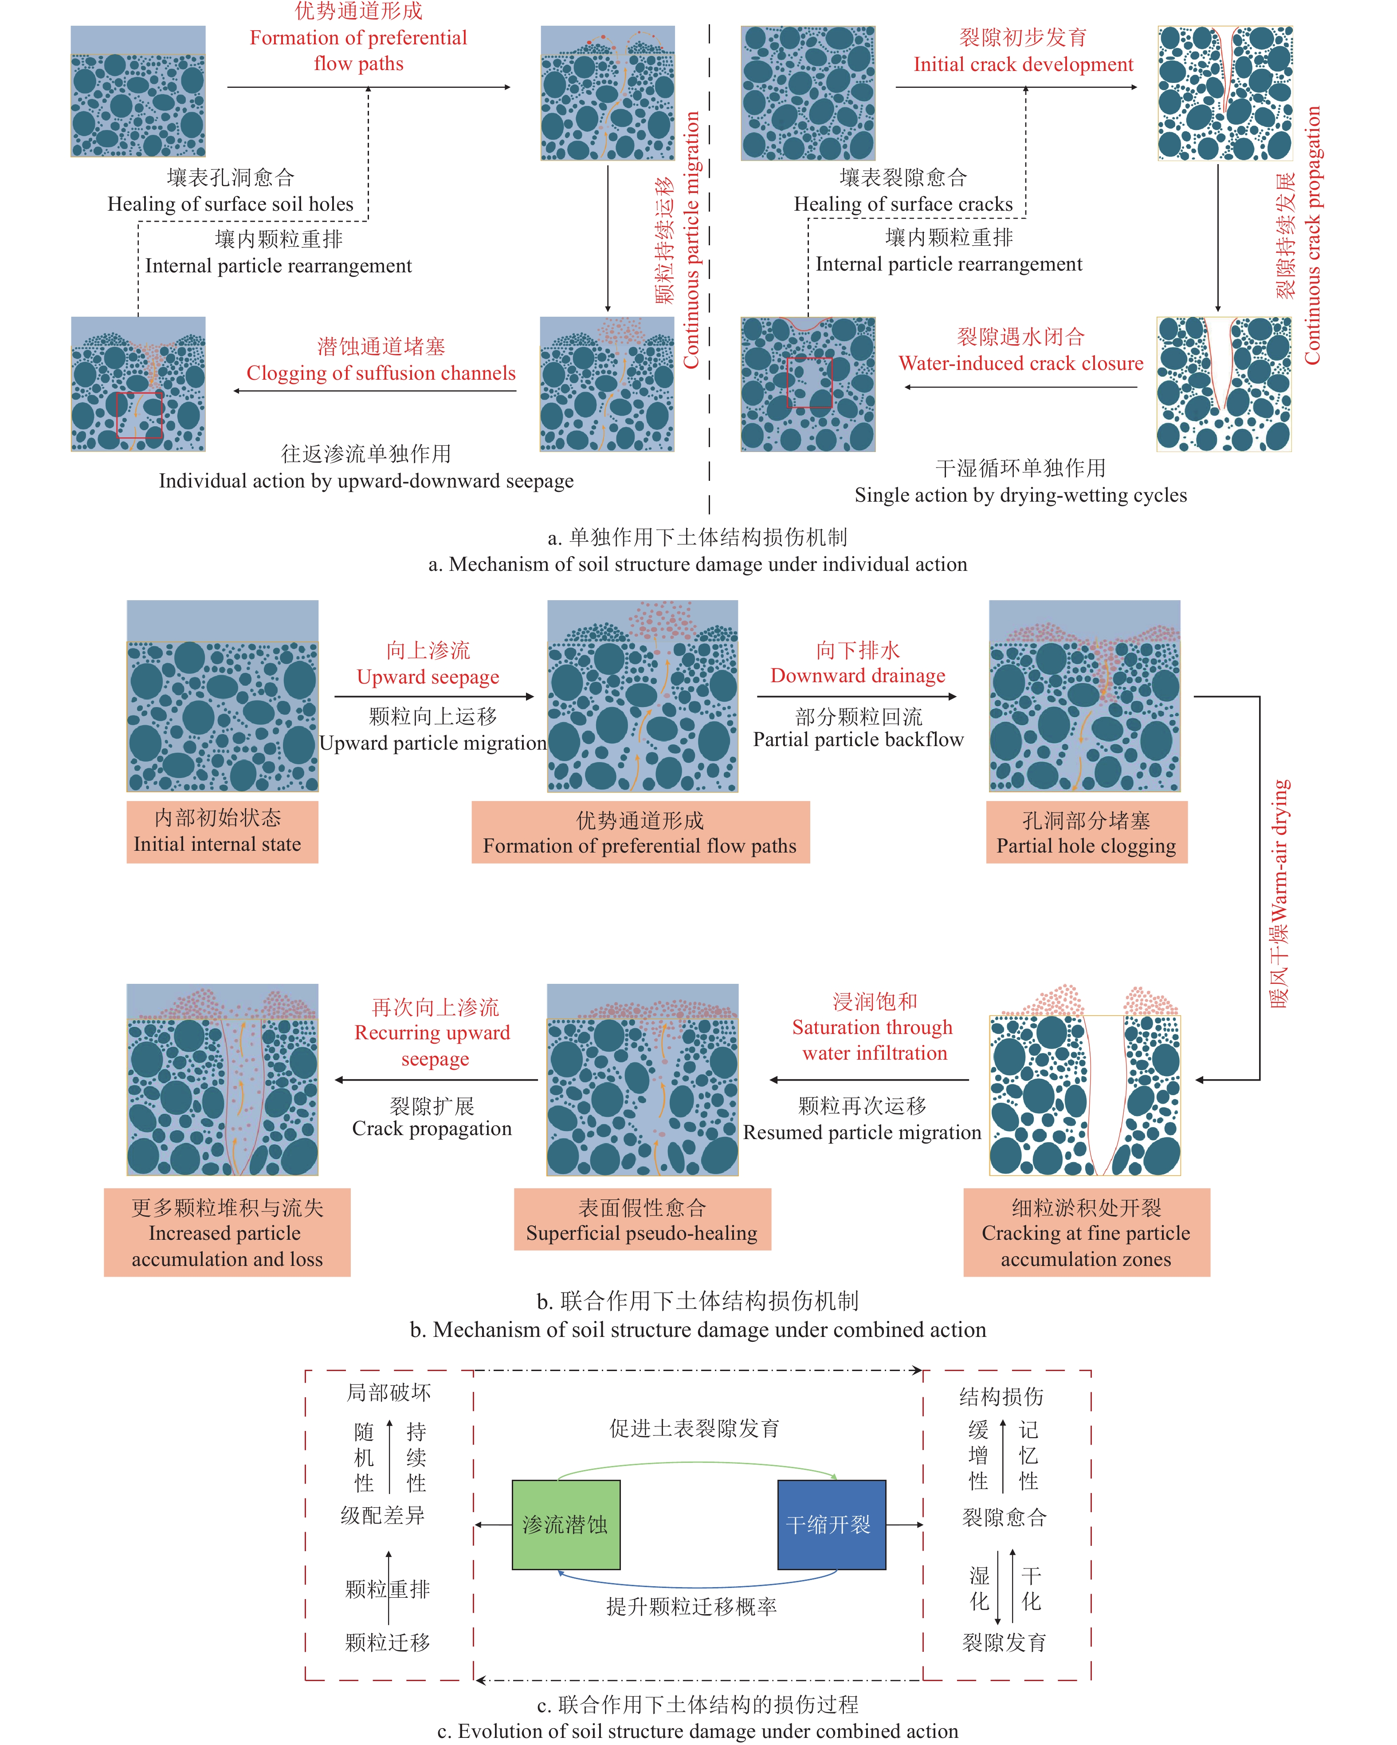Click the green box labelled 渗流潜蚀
[566, 1524]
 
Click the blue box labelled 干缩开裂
[831, 1524]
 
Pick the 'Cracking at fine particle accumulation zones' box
[1086, 1232]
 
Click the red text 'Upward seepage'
[428, 676]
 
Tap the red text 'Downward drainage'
[858, 675]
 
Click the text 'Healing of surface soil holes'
[231, 204]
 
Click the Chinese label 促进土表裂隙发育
[695, 1428]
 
